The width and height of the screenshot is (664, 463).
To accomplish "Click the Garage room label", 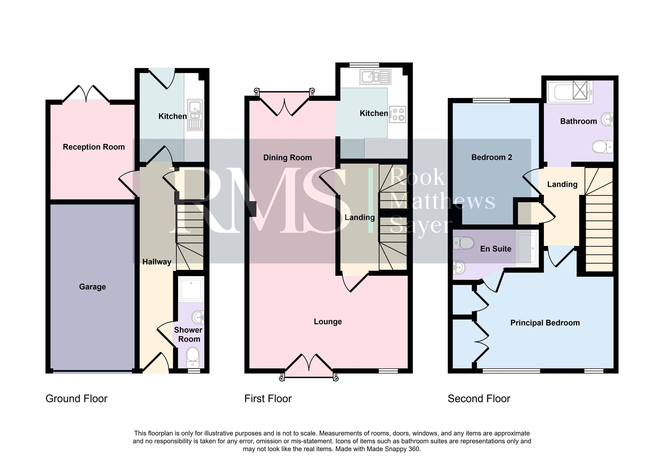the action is [93, 287].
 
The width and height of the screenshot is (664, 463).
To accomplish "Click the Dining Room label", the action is [287, 158].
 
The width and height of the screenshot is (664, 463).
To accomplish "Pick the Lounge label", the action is [328, 322].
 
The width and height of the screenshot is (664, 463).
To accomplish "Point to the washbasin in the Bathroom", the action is [607, 119].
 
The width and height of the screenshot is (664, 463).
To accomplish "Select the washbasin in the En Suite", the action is [459, 268].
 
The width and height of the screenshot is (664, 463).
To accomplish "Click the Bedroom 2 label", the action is [492, 157].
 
